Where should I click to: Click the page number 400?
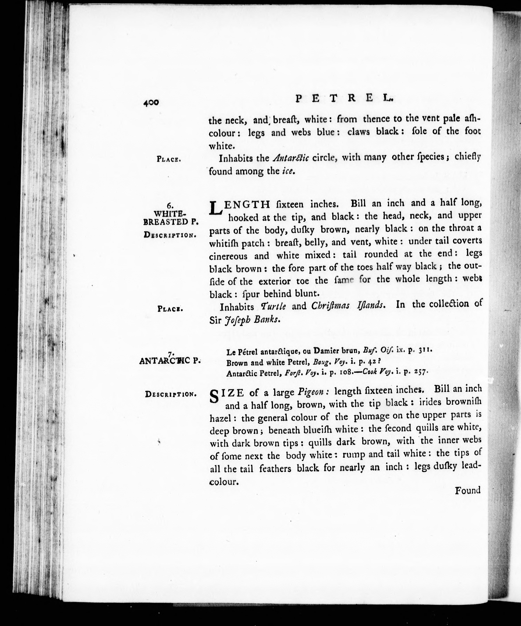coord(151,103)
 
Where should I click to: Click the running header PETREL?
coord(344,98)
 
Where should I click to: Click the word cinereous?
coord(228,256)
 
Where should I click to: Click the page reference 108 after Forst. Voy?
coord(346,373)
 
